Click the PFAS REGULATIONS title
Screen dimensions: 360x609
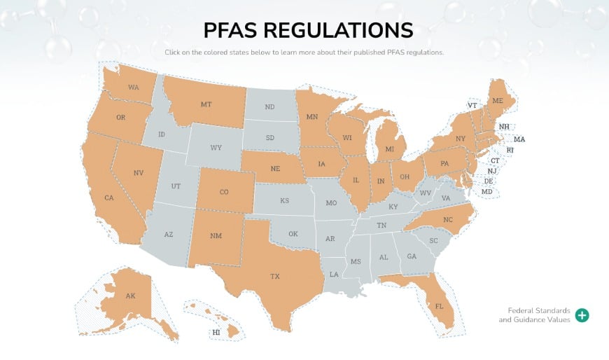point(308,30)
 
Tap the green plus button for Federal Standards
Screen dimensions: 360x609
point(582,315)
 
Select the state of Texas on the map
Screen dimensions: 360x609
point(275,276)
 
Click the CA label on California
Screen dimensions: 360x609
point(108,198)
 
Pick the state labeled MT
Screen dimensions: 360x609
point(206,104)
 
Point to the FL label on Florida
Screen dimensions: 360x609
point(440,307)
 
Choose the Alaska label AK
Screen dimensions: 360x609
point(130,296)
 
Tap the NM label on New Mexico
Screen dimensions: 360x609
point(216,235)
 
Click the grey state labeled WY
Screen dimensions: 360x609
point(216,148)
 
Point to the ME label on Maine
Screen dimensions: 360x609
point(498,101)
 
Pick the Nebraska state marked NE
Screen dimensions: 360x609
point(275,169)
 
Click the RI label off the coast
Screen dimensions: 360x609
point(510,150)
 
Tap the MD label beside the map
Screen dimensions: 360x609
point(486,192)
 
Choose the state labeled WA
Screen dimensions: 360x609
point(133,88)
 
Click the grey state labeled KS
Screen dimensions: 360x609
point(285,200)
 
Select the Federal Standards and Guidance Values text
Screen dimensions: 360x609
point(534,315)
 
